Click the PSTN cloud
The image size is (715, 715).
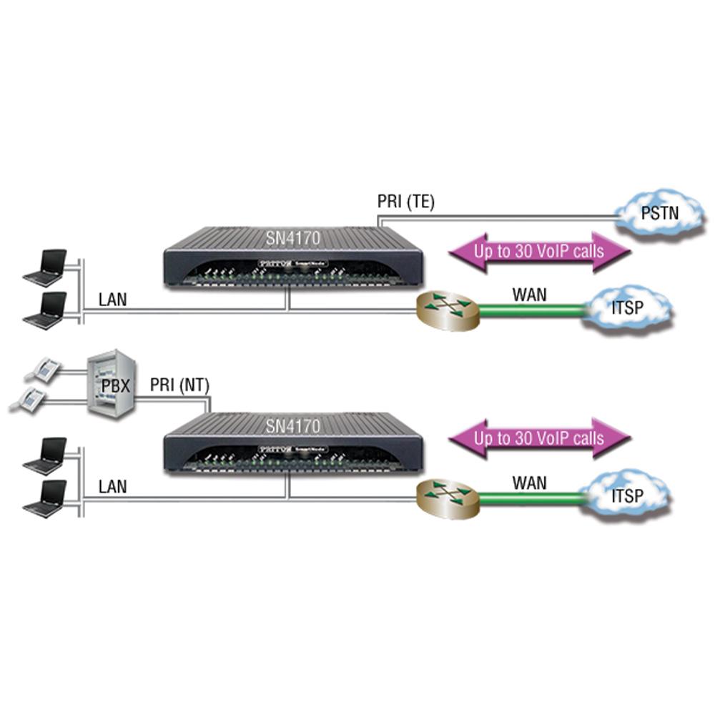point(656,212)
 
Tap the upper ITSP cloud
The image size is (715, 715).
point(627,309)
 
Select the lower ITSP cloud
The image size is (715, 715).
point(627,495)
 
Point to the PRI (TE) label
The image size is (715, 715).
point(405,203)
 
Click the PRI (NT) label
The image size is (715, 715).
point(179,387)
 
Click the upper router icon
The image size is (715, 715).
point(448,308)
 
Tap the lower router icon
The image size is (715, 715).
point(448,494)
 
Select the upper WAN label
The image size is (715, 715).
point(530,293)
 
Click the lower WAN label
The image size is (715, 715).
point(529,482)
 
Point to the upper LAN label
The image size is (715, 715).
point(112,300)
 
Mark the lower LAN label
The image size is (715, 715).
point(112,488)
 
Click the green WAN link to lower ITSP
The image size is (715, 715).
point(532,496)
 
